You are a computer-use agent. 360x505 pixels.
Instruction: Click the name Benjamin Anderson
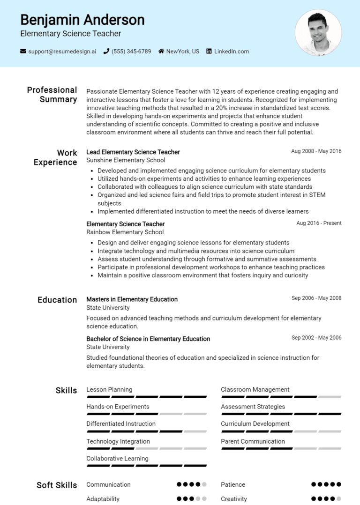pyautogui.click(x=82, y=20)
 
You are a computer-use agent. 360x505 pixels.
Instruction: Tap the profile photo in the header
pyautogui.click(x=318, y=33)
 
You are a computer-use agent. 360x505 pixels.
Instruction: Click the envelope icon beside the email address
pyautogui.click(x=23, y=51)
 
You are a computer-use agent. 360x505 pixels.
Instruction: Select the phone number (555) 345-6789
pyautogui.click(x=131, y=51)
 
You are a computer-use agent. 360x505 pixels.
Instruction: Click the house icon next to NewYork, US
pyautogui.click(x=161, y=51)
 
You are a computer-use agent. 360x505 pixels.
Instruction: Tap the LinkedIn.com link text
pyautogui.click(x=232, y=51)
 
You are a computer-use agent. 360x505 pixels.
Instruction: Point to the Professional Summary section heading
pyautogui.click(x=52, y=95)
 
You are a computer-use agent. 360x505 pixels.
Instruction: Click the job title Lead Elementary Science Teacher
pyautogui.click(x=133, y=152)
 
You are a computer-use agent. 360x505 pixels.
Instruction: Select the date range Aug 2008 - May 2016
pyautogui.click(x=316, y=151)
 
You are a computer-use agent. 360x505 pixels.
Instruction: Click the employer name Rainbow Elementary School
pyautogui.click(x=125, y=232)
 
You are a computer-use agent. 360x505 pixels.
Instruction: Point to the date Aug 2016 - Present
pyautogui.click(x=319, y=223)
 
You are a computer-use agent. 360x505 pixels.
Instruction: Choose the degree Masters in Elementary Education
pyautogui.click(x=132, y=299)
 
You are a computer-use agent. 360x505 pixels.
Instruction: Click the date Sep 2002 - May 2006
pyautogui.click(x=316, y=338)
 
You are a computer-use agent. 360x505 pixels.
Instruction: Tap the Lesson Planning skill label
pyautogui.click(x=109, y=389)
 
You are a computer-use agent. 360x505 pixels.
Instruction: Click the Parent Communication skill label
pyautogui.click(x=253, y=441)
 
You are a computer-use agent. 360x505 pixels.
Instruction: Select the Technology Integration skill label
pyautogui.click(x=118, y=441)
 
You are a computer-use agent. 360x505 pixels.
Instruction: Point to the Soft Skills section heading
pyautogui.click(x=57, y=485)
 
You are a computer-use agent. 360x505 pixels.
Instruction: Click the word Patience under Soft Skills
pyautogui.click(x=233, y=484)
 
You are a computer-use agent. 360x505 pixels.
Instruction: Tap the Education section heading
pyautogui.click(x=57, y=300)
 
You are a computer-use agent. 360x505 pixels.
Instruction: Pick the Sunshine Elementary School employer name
pyautogui.click(x=126, y=160)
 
